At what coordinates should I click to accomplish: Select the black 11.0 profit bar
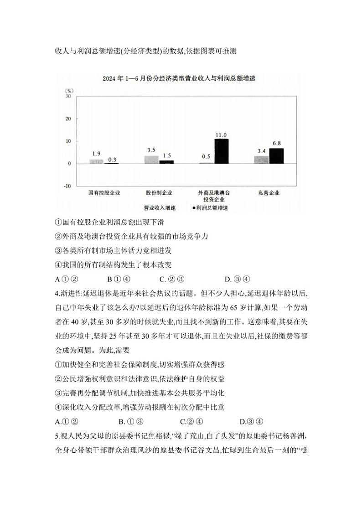click(x=221, y=151)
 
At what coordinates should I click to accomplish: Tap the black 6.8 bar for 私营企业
click(x=276, y=155)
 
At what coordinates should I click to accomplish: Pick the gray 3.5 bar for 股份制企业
click(x=151, y=160)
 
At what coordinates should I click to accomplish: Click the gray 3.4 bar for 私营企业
click(x=261, y=160)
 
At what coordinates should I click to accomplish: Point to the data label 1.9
click(x=96, y=154)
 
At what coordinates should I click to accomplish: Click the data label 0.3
click(x=112, y=160)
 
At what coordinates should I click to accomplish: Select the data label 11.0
click(x=221, y=135)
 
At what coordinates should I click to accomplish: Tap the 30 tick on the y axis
click(x=68, y=97)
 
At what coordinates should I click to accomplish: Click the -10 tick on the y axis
click(x=67, y=186)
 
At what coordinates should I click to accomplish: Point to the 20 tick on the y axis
click(x=68, y=119)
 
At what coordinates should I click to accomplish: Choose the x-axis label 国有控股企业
click(x=104, y=193)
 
